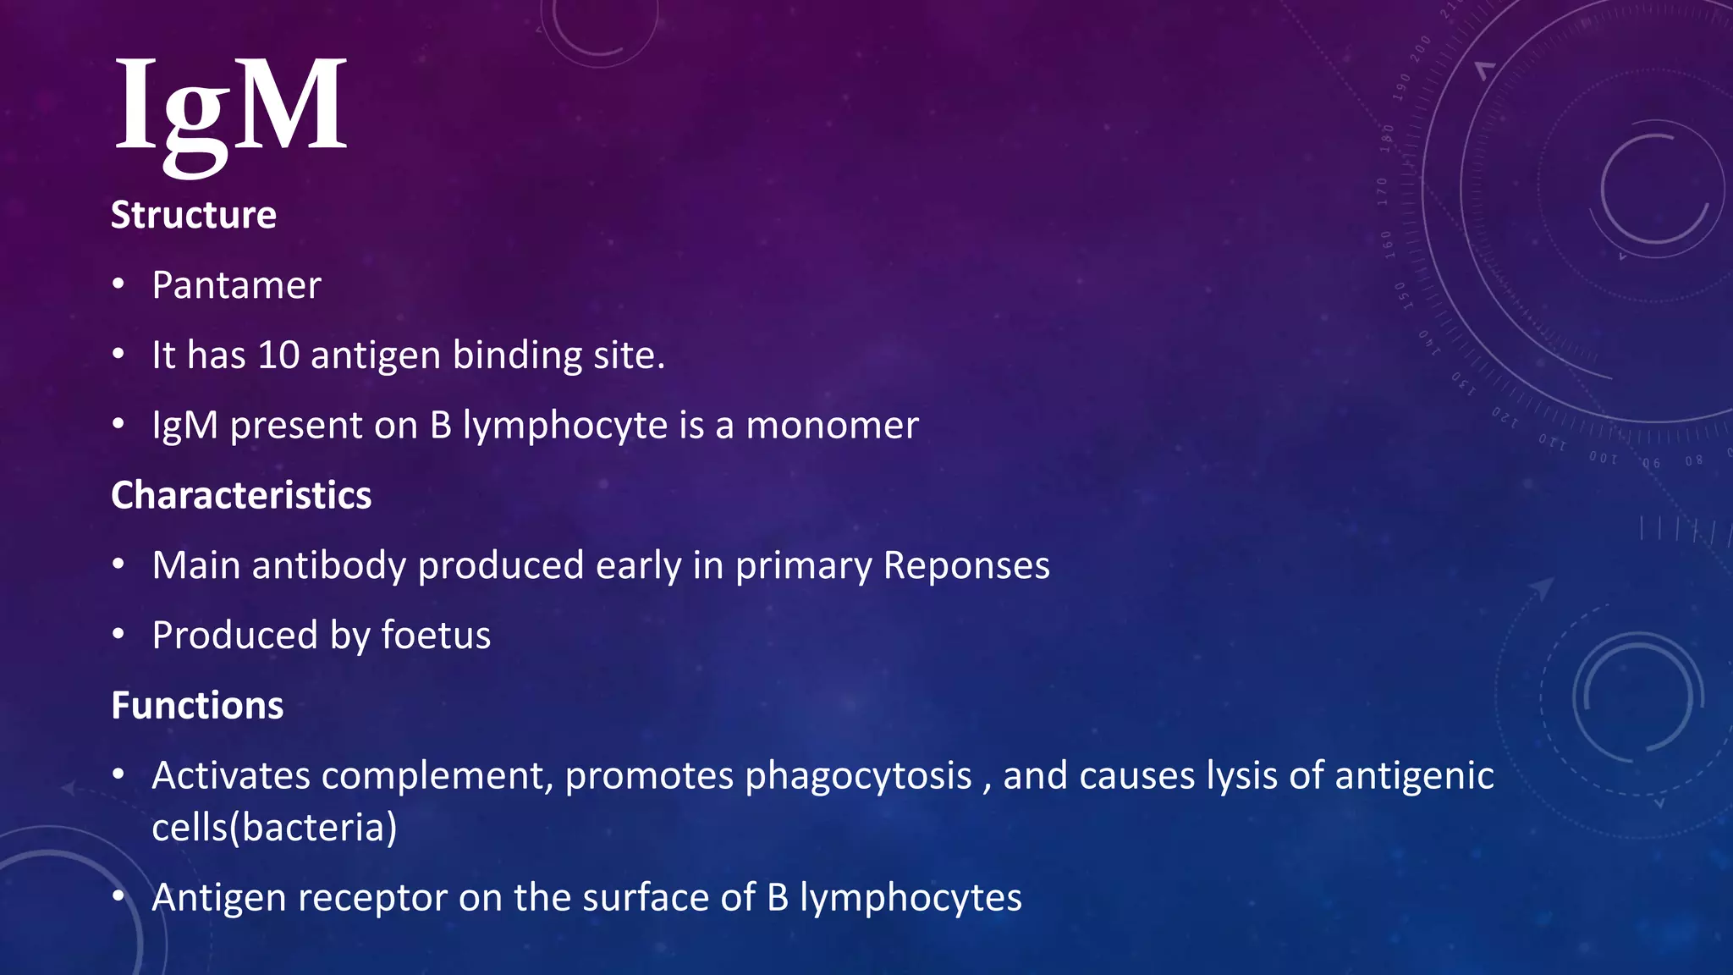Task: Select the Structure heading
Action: click(194, 215)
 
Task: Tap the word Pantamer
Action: click(236, 286)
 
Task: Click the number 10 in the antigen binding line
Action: click(278, 355)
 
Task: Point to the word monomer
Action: click(832, 426)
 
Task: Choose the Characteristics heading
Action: click(241, 495)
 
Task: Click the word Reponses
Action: click(966, 565)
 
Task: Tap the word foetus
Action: click(436, 636)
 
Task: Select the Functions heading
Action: click(197, 706)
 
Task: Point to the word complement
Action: click(432, 776)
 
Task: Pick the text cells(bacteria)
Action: click(274, 828)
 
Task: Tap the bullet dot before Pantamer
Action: click(118, 284)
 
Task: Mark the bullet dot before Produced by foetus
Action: click(118, 635)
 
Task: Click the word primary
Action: click(803, 566)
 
